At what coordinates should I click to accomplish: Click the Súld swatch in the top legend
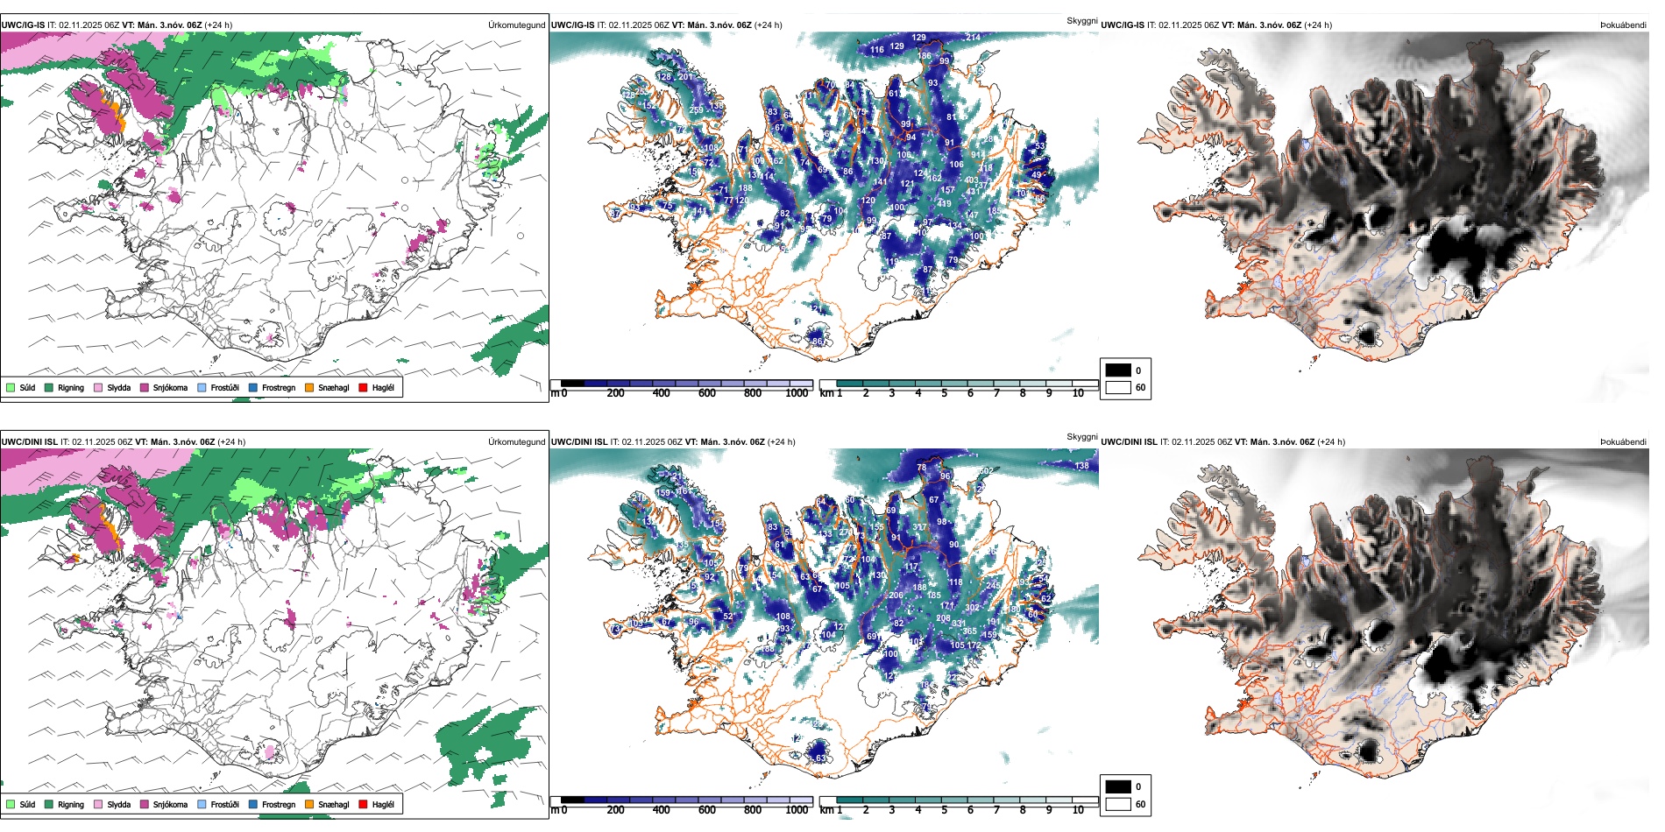pos(11,387)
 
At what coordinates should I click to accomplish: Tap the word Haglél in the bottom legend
pos(383,804)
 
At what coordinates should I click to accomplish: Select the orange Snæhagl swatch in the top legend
pos(309,387)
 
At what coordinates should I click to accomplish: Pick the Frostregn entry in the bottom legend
pos(278,804)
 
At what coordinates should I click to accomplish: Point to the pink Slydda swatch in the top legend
pos(98,387)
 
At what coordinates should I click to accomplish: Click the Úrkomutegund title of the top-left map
pos(516,25)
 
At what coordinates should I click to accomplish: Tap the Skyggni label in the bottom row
pos(1081,436)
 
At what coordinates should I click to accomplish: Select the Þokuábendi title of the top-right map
pos(1623,25)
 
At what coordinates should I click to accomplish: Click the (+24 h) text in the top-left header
pos(218,25)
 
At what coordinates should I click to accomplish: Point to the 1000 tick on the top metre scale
pos(797,393)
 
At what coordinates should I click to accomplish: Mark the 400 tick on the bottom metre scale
pos(661,810)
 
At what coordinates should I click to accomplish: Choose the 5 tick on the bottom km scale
pos(944,810)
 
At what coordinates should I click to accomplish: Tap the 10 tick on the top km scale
pos(1078,393)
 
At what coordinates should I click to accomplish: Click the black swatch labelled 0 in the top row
pos(1118,370)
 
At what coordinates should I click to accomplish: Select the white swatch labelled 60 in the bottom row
pos(1118,804)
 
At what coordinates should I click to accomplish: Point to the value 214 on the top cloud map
pos(973,38)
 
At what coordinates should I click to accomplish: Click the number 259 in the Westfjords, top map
pos(696,110)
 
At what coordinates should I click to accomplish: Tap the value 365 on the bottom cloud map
pos(969,631)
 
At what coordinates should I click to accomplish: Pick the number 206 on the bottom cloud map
pos(896,596)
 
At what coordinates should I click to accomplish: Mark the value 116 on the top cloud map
pos(877,50)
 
